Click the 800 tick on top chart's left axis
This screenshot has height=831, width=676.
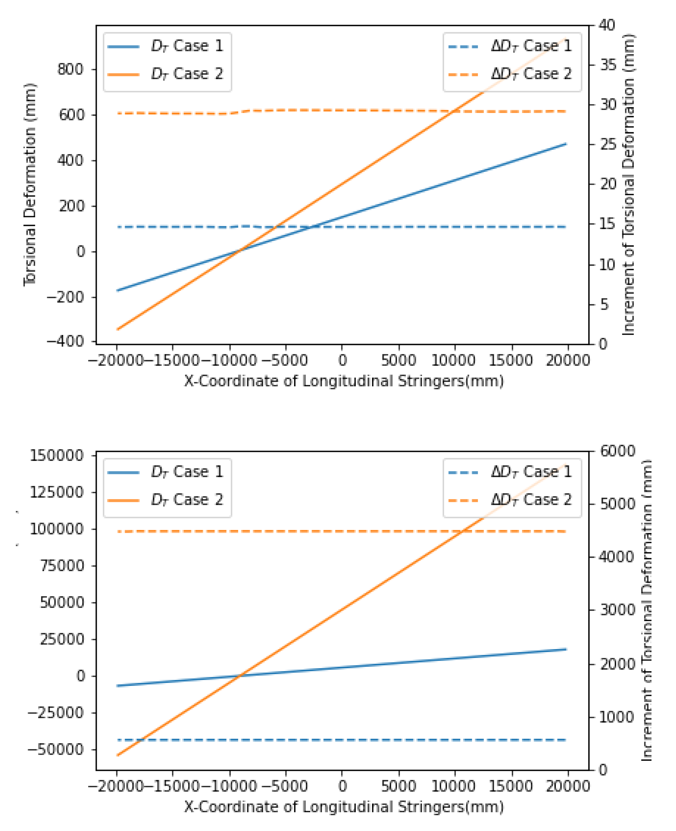tap(70, 70)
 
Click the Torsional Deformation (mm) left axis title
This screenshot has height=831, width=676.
tap(30, 185)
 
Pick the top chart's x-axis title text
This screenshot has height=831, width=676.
tap(343, 381)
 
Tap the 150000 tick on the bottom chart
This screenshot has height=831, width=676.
tap(56, 456)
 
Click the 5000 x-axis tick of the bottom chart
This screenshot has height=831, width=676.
tap(398, 786)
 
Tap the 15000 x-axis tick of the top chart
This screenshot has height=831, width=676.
tap(510, 360)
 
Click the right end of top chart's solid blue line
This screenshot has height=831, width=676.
tap(565, 144)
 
